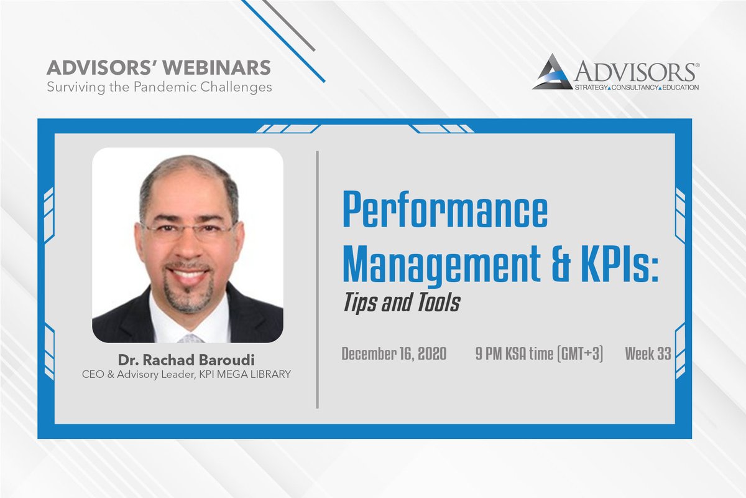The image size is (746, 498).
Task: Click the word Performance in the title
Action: click(445, 212)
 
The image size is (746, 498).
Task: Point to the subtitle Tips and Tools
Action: click(401, 303)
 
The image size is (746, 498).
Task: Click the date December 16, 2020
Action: click(394, 355)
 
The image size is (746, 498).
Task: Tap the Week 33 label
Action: click(648, 355)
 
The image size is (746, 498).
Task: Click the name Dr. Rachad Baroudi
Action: click(187, 360)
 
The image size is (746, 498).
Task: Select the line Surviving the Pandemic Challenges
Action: click(159, 87)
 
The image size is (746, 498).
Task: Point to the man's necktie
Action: click(190, 338)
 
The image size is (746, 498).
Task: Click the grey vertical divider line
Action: click(318, 280)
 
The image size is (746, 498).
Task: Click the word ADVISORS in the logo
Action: click(634, 70)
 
